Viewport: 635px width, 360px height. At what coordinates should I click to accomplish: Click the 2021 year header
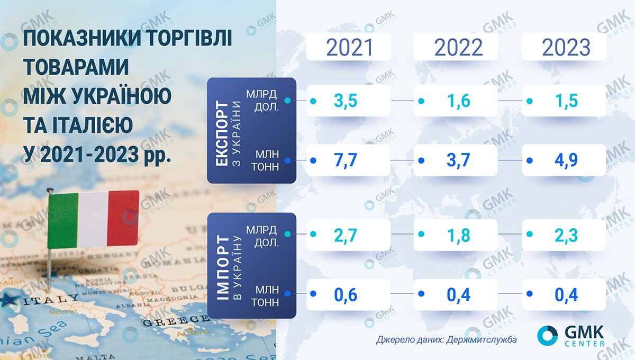point(349,47)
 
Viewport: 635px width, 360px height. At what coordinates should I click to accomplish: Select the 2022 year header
point(458,47)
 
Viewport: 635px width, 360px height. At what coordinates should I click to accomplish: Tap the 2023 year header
point(566,47)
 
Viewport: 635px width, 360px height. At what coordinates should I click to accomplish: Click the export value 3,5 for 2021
point(345,101)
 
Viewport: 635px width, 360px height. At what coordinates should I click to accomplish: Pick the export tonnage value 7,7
point(345,160)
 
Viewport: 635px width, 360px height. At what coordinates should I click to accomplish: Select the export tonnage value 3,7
point(458,160)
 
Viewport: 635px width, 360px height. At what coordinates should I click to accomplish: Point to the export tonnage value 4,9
point(566,160)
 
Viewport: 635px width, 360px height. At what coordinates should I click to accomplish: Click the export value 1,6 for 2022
point(458,101)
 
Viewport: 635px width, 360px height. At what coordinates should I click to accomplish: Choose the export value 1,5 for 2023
point(566,101)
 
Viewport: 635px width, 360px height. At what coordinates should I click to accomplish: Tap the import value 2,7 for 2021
point(345,236)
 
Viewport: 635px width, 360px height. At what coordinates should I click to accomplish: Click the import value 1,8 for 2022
point(458,236)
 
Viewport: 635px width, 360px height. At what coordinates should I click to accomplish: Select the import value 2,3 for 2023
point(566,236)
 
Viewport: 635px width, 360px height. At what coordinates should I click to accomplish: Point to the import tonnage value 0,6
point(345,295)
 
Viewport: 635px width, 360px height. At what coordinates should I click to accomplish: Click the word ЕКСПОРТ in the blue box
point(222,133)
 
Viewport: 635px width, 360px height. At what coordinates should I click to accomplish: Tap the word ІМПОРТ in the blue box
point(223,267)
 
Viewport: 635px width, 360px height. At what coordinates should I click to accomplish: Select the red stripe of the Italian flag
point(124,219)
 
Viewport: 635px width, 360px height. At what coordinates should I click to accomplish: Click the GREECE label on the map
point(176,321)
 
